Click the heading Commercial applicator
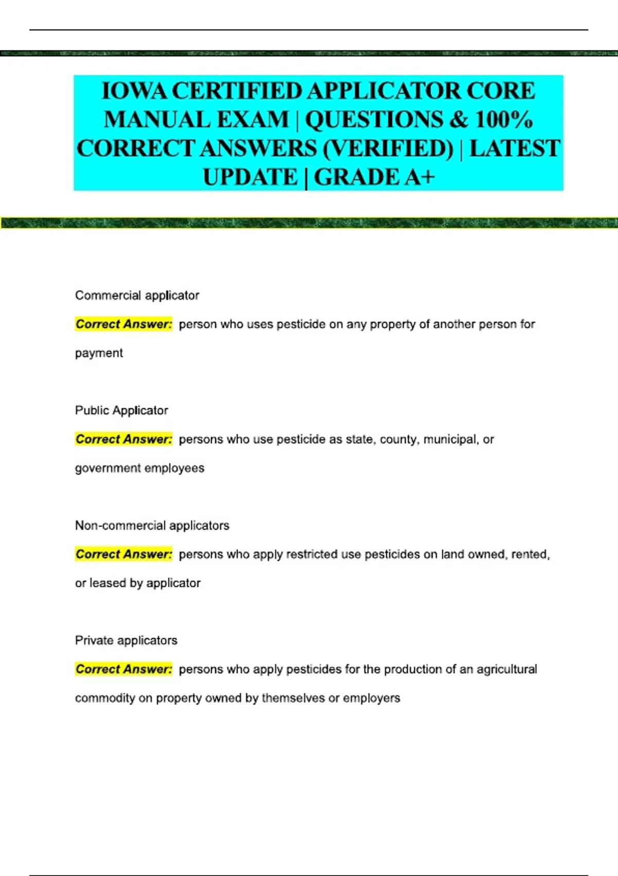coord(137,295)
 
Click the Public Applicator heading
coord(122,410)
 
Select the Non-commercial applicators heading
coord(152,526)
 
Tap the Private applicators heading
coord(126,641)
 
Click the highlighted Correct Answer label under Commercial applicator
coord(124,324)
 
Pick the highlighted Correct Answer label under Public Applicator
coord(124,439)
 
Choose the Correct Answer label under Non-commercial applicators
coord(124,554)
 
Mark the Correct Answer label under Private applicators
coord(124,669)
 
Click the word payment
coord(99,353)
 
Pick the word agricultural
coord(506,669)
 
